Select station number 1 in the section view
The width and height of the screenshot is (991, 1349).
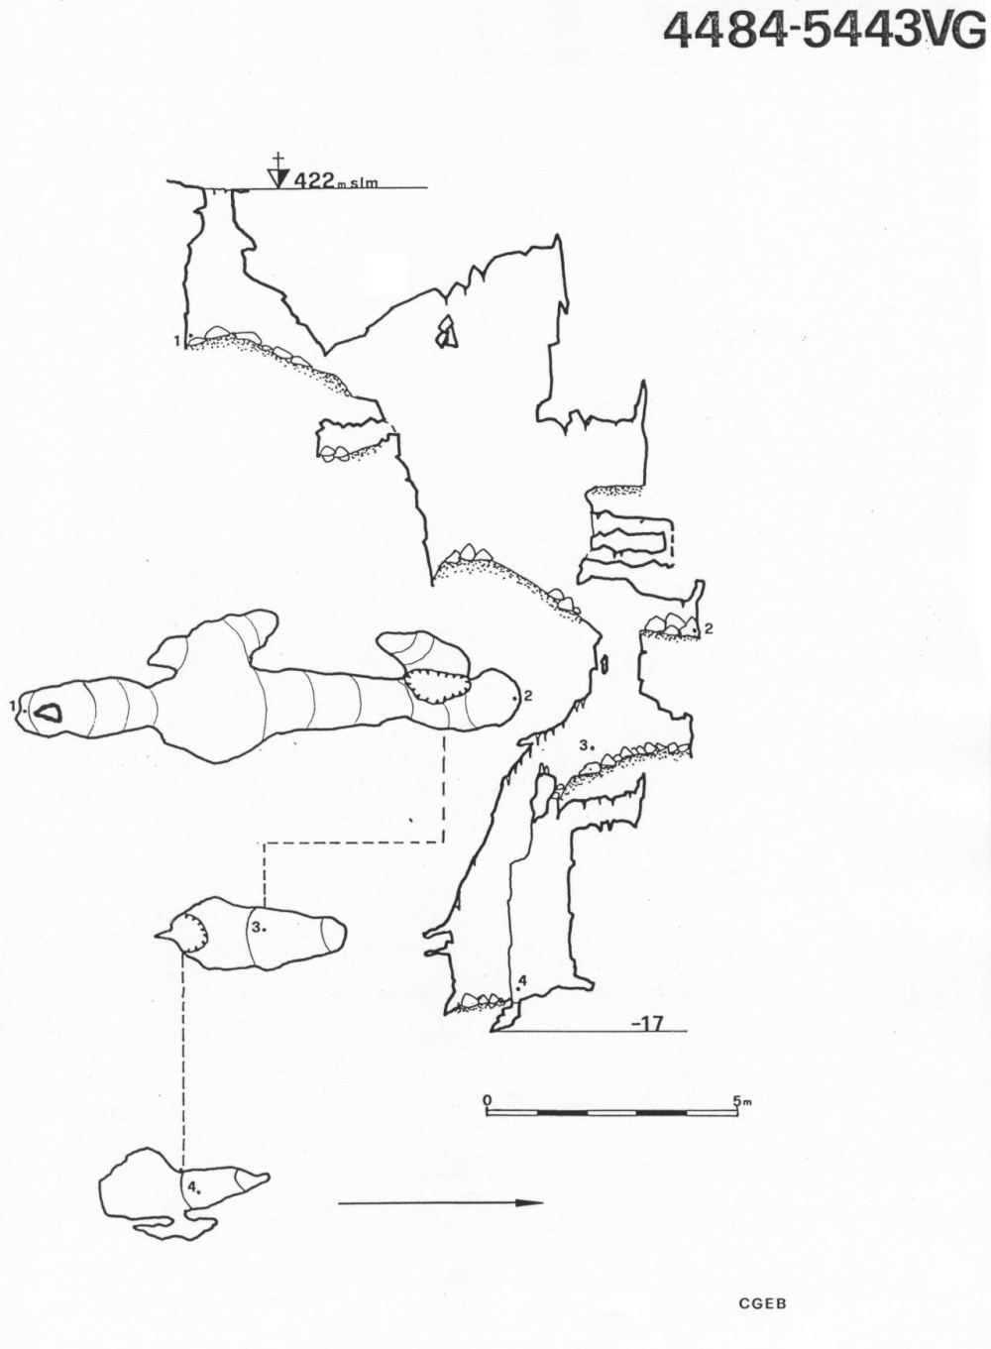[177, 341]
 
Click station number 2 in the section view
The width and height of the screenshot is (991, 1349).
[709, 628]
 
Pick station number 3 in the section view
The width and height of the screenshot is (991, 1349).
[584, 745]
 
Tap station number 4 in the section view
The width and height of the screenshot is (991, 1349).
[522, 981]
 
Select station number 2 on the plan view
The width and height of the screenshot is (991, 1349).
[528, 696]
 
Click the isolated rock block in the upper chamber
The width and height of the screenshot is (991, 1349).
[446, 333]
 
